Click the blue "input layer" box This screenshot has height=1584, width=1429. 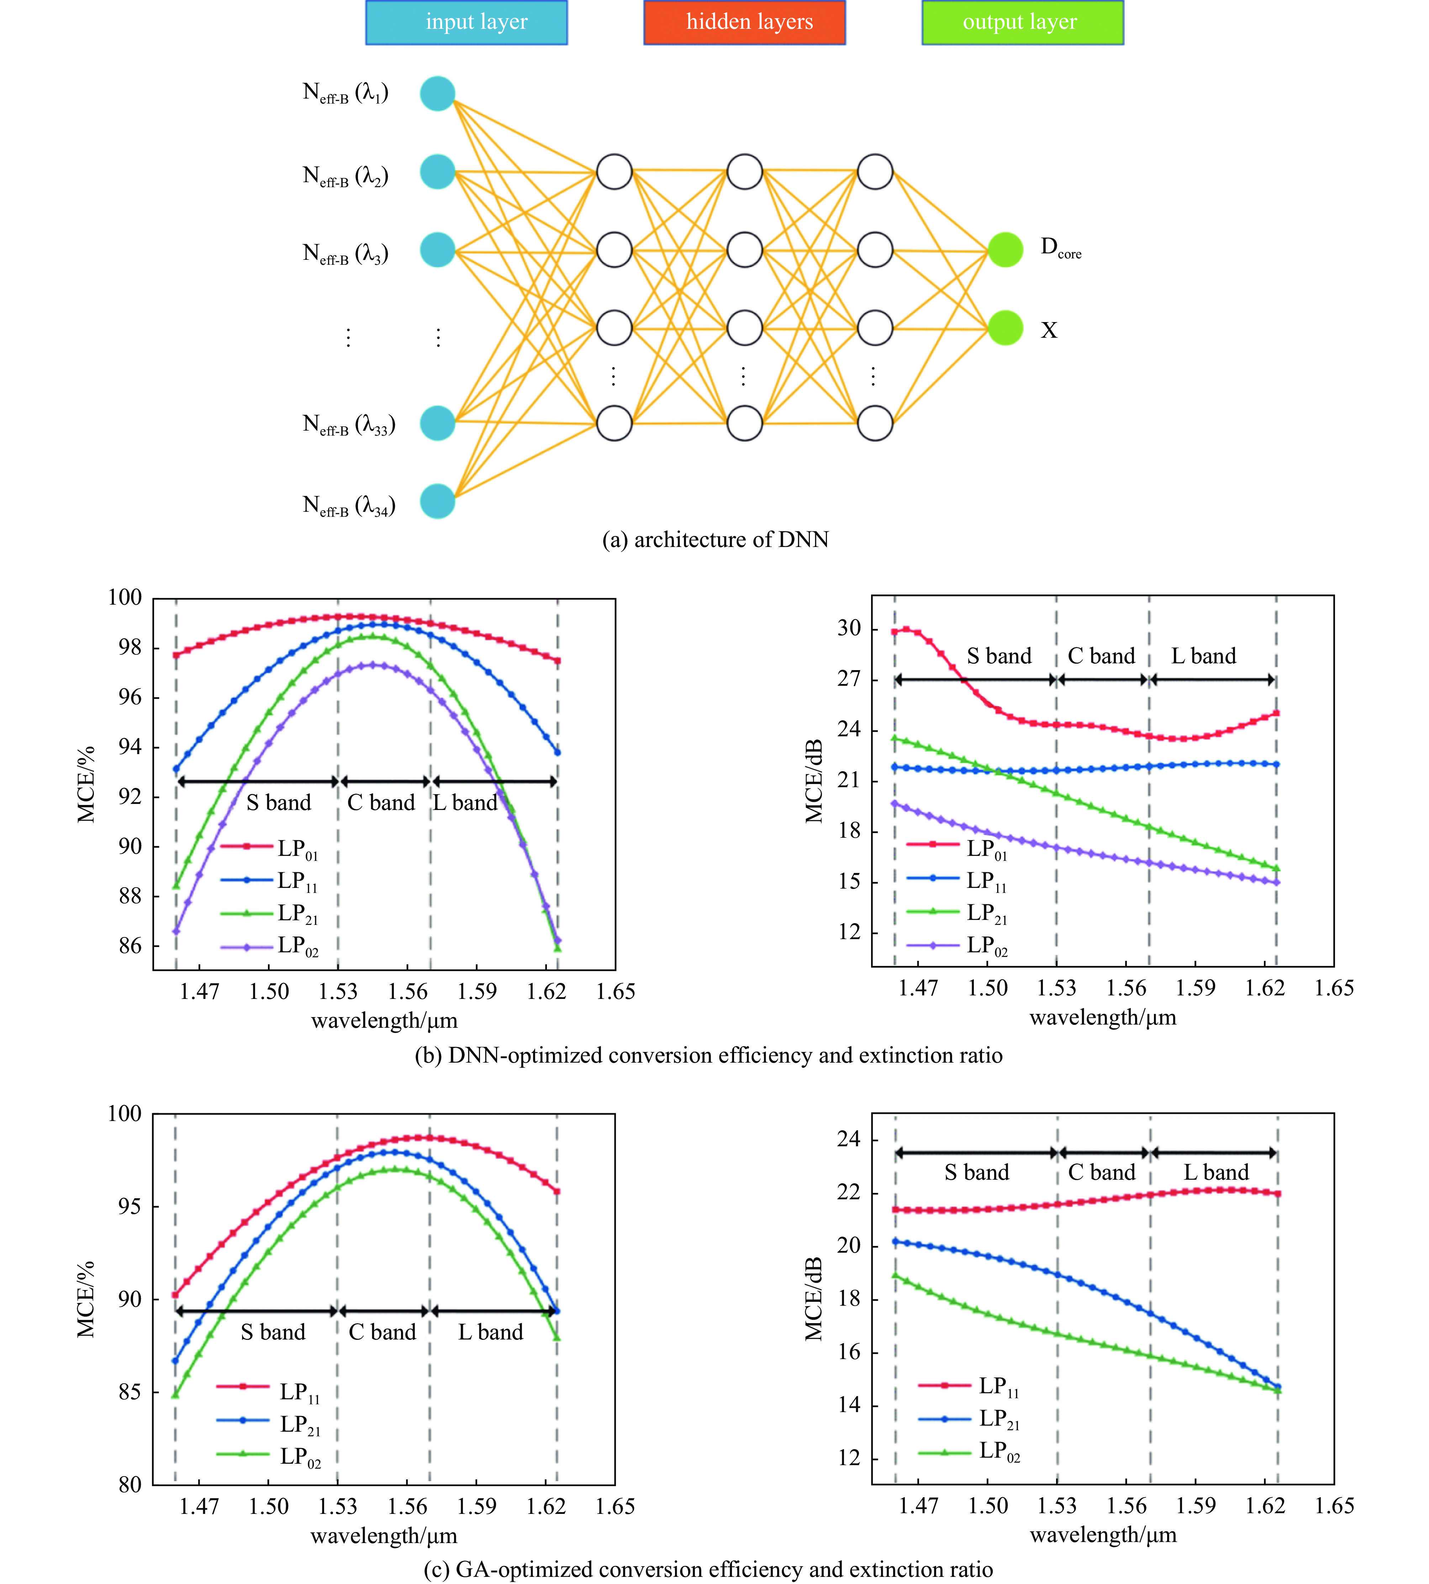coord(466,23)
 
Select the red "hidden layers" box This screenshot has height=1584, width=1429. coord(744,23)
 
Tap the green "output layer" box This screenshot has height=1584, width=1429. coord(1022,23)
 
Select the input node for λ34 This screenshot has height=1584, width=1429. coord(437,501)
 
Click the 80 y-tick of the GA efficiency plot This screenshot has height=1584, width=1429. coord(130,1484)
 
